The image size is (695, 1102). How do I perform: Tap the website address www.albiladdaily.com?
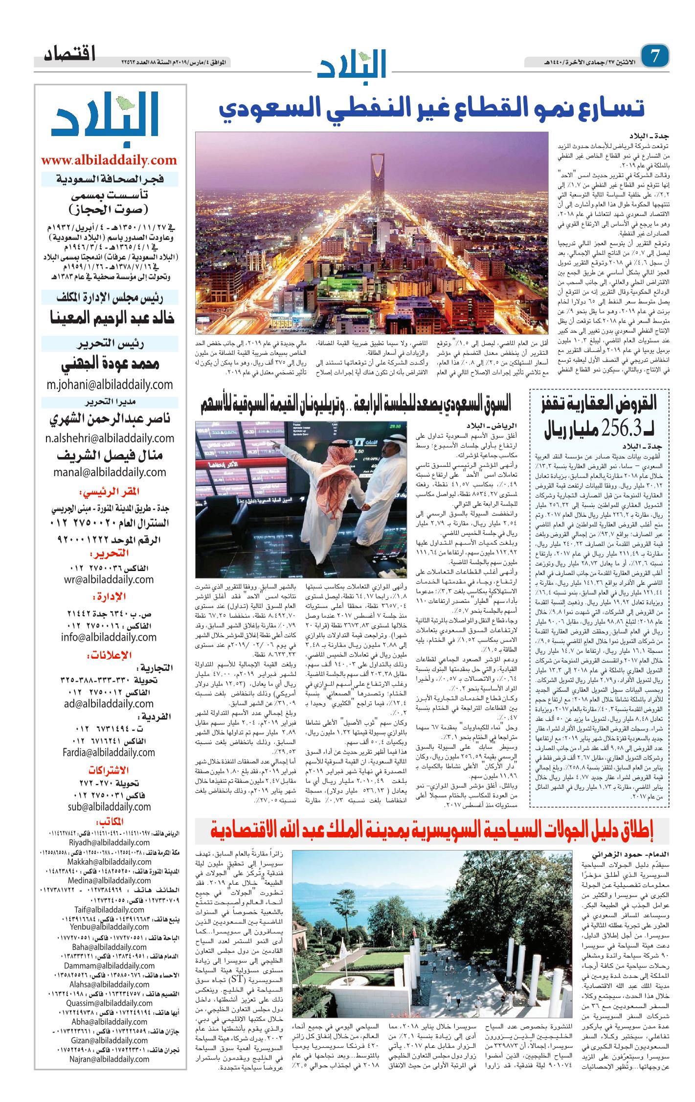109,160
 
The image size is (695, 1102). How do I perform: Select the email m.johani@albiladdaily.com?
109,384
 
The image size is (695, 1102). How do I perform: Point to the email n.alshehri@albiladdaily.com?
110,437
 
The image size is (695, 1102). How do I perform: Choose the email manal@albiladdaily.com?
110,472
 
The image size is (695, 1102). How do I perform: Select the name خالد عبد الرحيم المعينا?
109,319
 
